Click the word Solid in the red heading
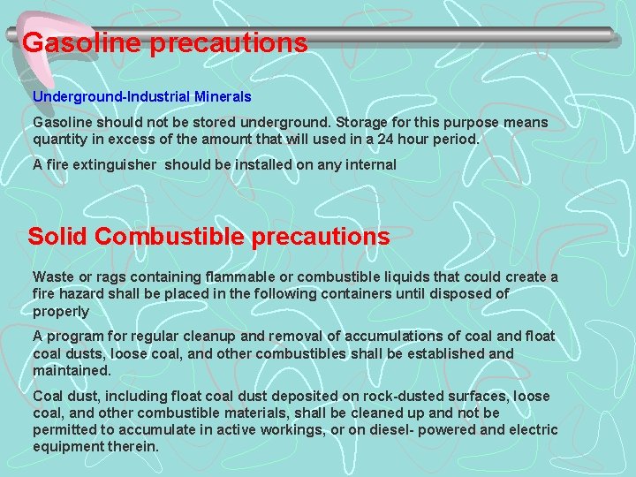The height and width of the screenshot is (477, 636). point(58,237)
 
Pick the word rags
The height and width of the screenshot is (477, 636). point(110,277)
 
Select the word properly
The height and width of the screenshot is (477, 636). point(61,311)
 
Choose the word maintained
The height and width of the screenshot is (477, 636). point(72,370)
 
